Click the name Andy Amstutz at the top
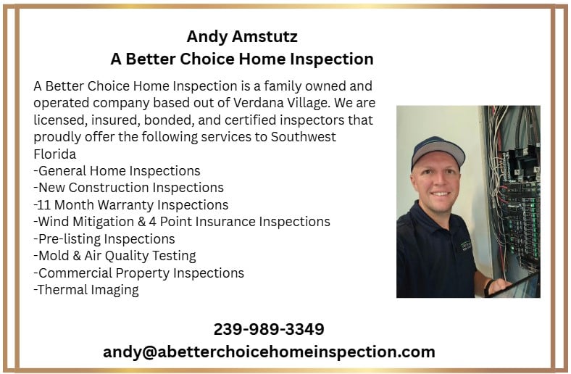point(242,36)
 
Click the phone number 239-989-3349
point(269,329)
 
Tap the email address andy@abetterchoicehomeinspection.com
point(269,352)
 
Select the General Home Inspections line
point(117,171)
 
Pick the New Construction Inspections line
point(128,188)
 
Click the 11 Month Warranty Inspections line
point(130,205)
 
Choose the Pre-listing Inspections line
point(104,238)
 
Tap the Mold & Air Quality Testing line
point(114,256)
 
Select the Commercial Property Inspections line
point(138,273)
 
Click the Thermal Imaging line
point(86,290)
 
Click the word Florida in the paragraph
point(54,154)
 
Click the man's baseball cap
point(438,149)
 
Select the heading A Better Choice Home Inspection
point(242,59)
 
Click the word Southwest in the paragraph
point(304,137)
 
